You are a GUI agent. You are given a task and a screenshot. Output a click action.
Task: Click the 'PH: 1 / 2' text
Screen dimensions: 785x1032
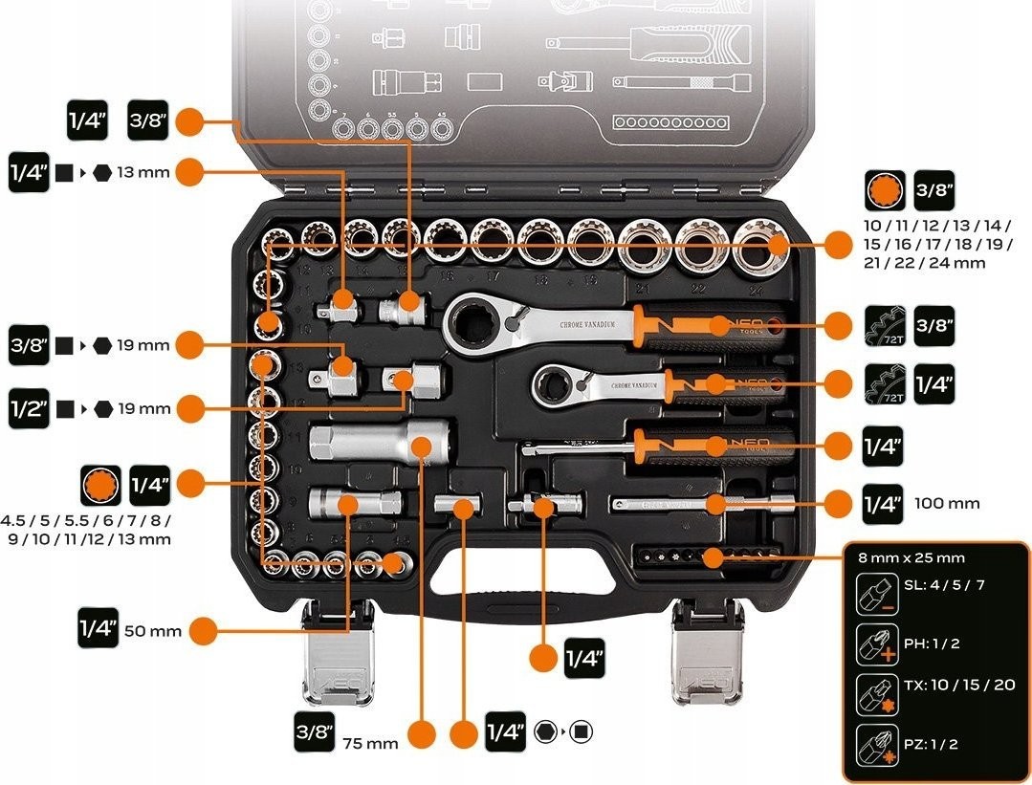coord(932,643)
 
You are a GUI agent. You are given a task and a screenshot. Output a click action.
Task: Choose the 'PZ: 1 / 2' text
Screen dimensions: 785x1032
coord(931,743)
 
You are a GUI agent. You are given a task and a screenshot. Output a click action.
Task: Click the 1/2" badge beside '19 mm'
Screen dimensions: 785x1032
coord(29,409)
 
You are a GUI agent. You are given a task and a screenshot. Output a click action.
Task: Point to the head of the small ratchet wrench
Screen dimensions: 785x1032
coord(555,385)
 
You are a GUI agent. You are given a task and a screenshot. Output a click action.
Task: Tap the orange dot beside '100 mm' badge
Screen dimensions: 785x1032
coord(838,504)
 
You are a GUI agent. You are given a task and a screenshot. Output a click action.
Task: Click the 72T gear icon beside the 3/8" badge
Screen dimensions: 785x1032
coord(884,325)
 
